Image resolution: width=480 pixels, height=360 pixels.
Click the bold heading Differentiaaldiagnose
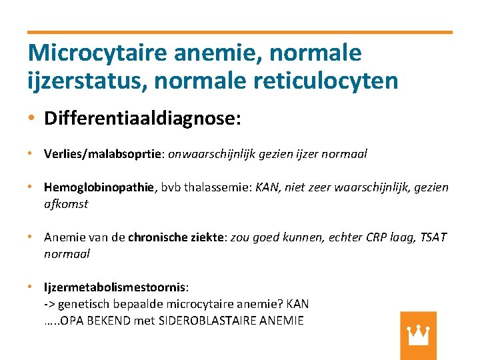pos(140,119)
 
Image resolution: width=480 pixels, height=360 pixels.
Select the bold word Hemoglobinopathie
pos(99,187)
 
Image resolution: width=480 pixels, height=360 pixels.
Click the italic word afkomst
pos(66,204)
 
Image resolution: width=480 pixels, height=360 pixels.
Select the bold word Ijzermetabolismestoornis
pos(115,287)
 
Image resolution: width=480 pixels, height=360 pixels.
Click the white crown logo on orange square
pos(418,335)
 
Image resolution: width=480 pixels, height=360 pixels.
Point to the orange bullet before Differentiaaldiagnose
pos(32,119)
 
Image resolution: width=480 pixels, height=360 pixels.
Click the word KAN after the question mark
pos(297,304)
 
